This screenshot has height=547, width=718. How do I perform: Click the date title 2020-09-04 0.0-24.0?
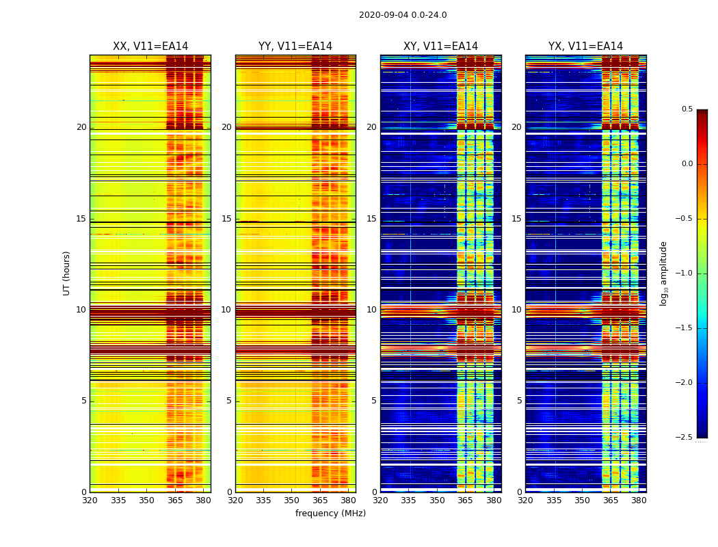click(402, 15)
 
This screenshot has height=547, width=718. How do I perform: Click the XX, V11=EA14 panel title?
click(150, 46)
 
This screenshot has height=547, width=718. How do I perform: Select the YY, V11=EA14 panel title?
click(295, 46)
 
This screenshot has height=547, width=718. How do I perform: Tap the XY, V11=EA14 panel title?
click(440, 46)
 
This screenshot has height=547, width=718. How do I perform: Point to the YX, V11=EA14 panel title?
click(585, 46)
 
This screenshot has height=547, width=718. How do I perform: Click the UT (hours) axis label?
click(67, 273)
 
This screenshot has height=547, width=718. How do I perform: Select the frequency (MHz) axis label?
click(330, 513)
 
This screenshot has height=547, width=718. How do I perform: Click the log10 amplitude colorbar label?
click(663, 273)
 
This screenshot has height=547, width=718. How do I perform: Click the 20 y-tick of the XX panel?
click(81, 127)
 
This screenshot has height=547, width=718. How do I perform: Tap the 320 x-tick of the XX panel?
click(90, 501)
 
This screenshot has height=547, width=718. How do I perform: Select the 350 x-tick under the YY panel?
click(292, 501)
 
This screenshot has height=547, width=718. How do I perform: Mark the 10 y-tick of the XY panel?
click(371, 310)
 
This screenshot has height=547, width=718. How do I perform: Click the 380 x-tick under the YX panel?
click(639, 501)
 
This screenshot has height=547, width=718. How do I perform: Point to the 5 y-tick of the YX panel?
click(519, 401)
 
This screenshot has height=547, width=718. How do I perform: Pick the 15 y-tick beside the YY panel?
click(226, 219)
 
